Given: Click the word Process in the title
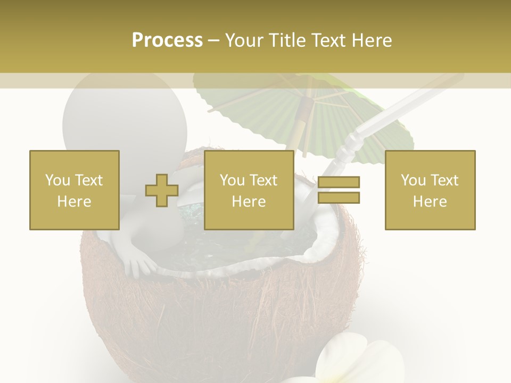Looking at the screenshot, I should tap(167, 40).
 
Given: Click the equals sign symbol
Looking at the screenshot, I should tap(339, 190).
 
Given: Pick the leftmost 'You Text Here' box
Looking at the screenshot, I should tap(75, 190).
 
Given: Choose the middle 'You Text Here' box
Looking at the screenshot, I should tap(249, 190).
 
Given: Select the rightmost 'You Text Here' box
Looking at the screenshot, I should tap(430, 190).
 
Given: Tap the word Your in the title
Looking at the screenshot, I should tap(243, 40).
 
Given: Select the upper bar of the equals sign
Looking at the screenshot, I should tap(339, 182).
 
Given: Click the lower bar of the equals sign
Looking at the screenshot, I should tap(339, 197).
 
